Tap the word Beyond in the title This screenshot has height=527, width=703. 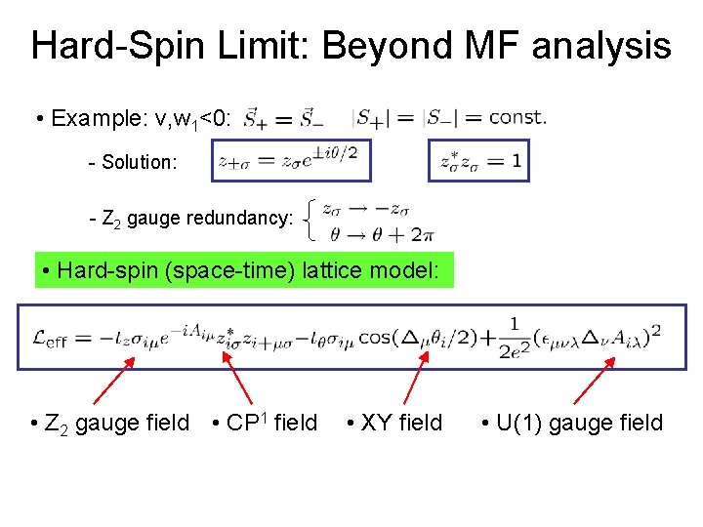click(x=380, y=46)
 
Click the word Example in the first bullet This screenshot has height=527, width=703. click(x=98, y=119)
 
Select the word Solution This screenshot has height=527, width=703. click(x=140, y=162)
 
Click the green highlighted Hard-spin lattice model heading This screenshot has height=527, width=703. click(x=244, y=269)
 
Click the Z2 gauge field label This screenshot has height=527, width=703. click(x=110, y=423)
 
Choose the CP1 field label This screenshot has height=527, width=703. click(x=266, y=423)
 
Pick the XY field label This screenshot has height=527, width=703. click(x=394, y=423)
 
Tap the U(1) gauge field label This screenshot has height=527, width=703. click(x=572, y=423)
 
